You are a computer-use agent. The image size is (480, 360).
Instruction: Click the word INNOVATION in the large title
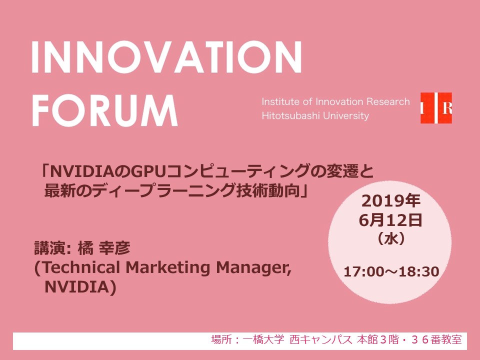[167, 57]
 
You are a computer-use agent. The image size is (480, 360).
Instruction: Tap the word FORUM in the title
[104, 110]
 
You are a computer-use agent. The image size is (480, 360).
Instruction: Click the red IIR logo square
[436, 108]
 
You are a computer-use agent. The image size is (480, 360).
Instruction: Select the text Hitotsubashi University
[315, 115]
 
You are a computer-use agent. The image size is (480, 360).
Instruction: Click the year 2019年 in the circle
[391, 201]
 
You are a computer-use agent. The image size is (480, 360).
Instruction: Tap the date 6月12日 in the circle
[390, 220]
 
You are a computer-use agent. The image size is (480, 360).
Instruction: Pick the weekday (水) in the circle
[391, 238]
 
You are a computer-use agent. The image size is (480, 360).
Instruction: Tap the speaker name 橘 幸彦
[104, 248]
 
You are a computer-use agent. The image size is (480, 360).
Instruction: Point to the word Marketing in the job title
[168, 267]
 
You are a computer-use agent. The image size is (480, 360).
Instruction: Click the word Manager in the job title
[253, 268]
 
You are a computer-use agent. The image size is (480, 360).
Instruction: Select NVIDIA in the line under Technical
[77, 287]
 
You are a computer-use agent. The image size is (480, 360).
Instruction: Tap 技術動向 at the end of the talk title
[268, 190]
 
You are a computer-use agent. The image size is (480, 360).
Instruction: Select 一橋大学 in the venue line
[263, 339]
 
